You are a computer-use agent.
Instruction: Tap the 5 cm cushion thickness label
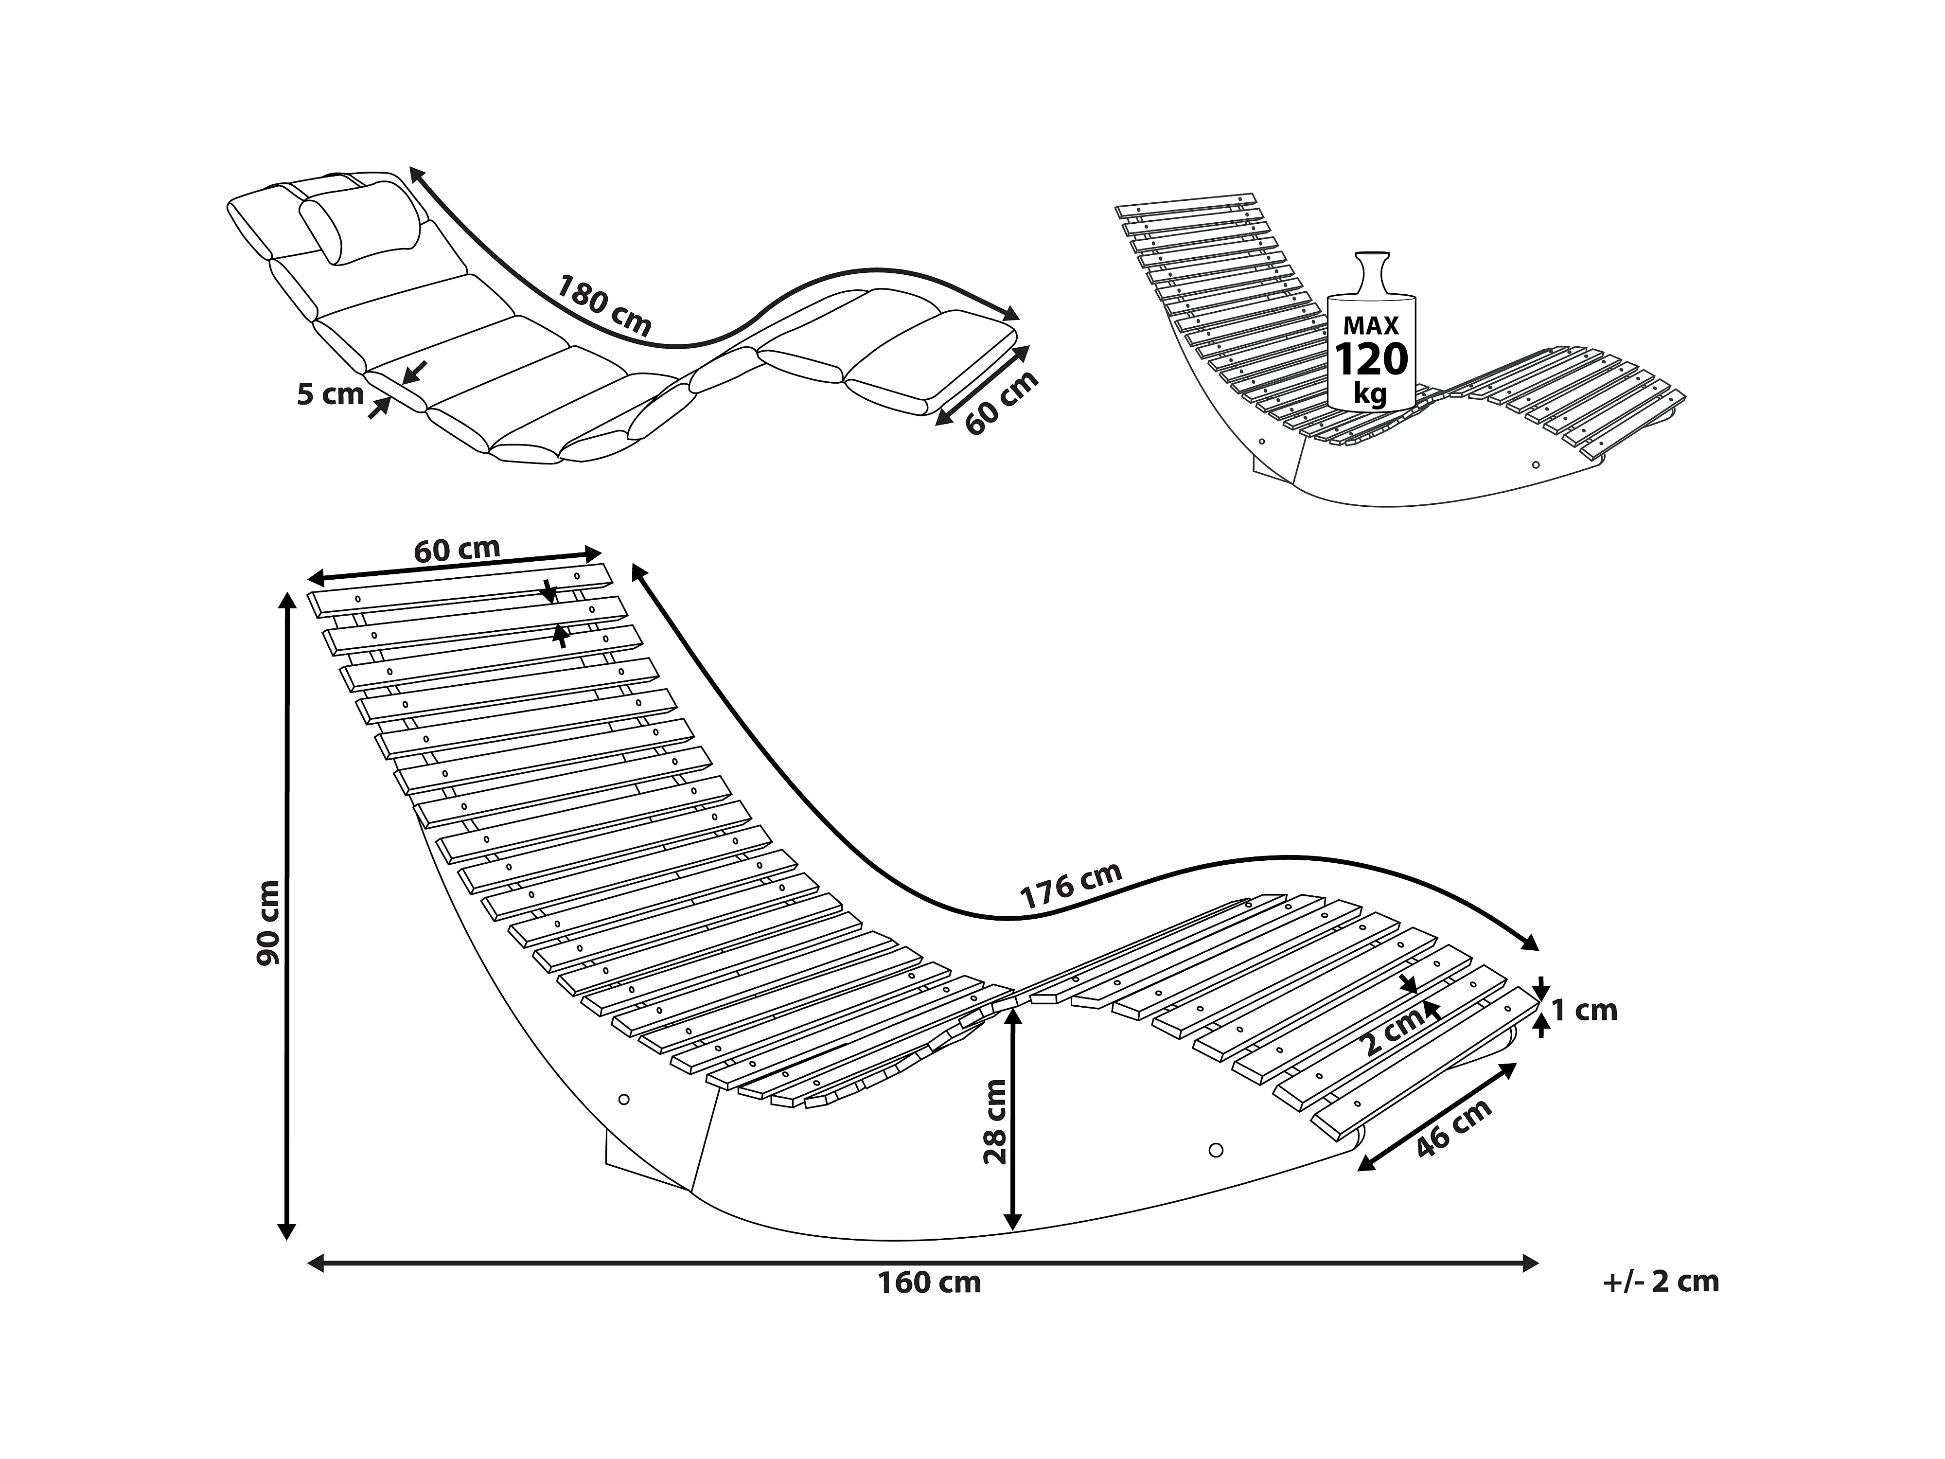330,394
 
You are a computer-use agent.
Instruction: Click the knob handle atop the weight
1371,264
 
